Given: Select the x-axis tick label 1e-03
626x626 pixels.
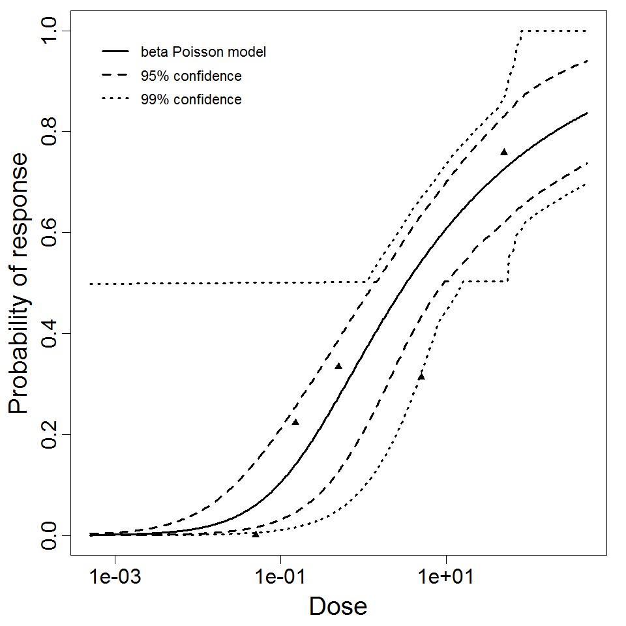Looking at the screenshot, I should point(115,578).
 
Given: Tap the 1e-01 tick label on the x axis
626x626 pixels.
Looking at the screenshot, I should point(280,578).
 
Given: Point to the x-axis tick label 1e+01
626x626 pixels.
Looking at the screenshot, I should point(446,578).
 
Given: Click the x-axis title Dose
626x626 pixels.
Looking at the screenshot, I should point(338,606).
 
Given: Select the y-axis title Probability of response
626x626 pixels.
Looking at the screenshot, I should point(20,284).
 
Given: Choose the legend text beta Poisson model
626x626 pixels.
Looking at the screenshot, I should point(203,52).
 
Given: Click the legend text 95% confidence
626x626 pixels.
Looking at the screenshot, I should point(190,76).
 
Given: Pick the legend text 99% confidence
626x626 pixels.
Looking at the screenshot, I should point(190,100).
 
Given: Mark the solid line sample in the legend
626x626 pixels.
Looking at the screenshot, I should point(115,51).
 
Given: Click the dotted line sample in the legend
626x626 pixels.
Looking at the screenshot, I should point(115,100).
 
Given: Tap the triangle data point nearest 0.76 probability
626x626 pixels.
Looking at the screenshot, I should point(503,152).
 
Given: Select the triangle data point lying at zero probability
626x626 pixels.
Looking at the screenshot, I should point(256,534).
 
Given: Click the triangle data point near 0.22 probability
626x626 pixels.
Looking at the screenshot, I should point(295,423).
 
